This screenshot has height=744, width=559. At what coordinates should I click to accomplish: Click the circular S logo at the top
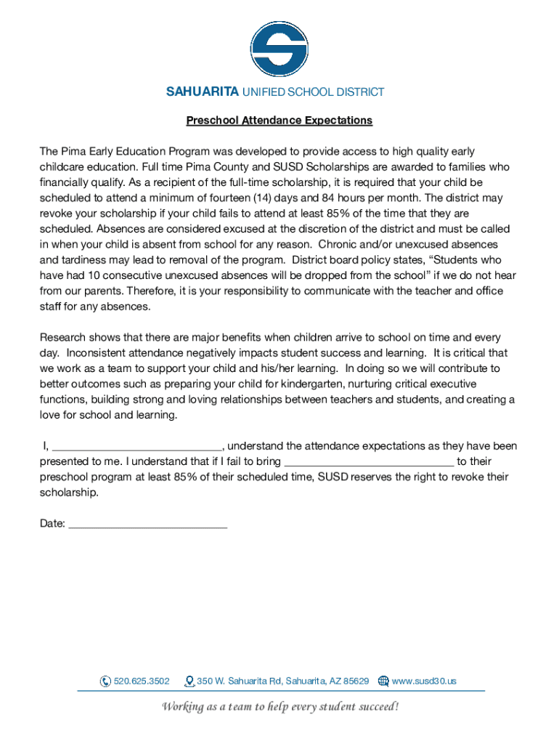pyautogui.click(x=279, y=49)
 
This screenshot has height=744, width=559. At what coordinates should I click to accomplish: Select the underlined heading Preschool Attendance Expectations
pyautogui.click(x=279, y=121)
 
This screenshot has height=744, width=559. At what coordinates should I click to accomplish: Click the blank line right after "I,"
pyautogui.click(x=137, y=447)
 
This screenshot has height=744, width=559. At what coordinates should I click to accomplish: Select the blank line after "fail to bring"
pyautogui.click(x=369, y=462)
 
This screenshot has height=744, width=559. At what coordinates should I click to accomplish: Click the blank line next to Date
pyautogui.click(x=147, y=524)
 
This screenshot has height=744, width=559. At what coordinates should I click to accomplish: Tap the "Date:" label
pyautogui.click(x=52, y=524)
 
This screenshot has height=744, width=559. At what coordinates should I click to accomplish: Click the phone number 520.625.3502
pyautogui.click(x=142, y=682)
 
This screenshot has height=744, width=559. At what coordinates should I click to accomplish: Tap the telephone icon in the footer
pyautogui.click(x=105, y=682)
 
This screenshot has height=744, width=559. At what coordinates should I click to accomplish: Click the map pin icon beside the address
pyautogui.click(x=189, y=682)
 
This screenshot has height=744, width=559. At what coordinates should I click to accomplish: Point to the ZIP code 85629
pyautogui.click(x=356, y=682)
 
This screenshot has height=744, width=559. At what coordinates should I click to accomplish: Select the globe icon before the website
pyautogui.click(x=383, y=682)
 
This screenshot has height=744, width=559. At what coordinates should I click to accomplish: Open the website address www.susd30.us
pyautogui.click(x=424, y=682)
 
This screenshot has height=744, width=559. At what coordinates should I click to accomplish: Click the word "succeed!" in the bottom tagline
pyautogui.click(x=377, y=707)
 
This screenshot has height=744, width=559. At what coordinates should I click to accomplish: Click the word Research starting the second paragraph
pyautogui.click(x=62, y=338)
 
